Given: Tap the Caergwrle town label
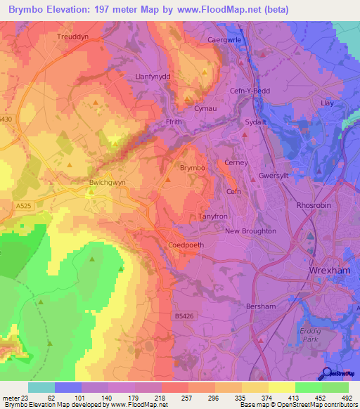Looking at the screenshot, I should tap(224, 40).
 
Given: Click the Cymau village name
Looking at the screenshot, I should tap(205, 109).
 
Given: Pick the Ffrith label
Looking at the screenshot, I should tap(173, 122).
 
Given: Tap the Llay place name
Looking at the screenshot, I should tap(326, 103).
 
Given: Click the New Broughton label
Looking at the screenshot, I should tap(250, 231).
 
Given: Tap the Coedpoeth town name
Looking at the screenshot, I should tap(185, 245).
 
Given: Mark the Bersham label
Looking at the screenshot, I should tap(260, 306).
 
